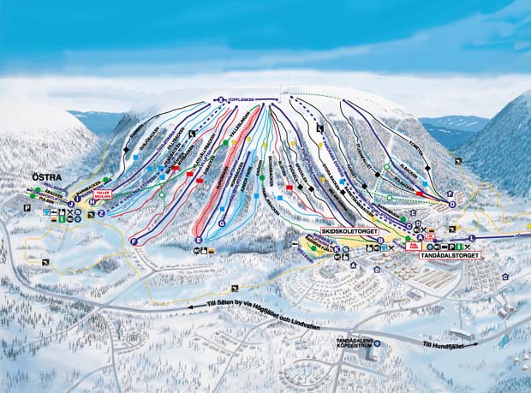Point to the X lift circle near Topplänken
pos(220,100)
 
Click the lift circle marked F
pos(134,242)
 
